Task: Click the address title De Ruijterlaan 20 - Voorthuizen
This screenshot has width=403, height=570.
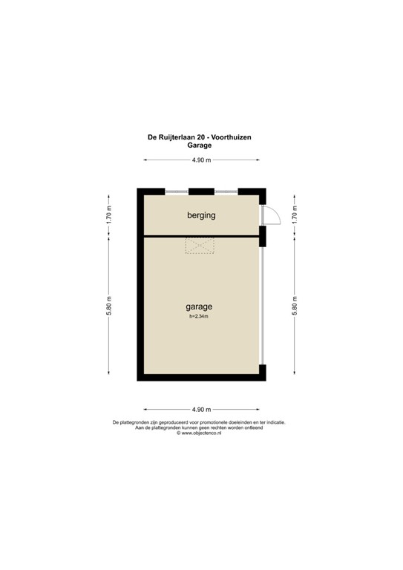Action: (x=200, y=137)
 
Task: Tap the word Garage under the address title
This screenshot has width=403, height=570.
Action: (x=200, y=145)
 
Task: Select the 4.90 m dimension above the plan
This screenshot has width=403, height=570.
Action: (x=201, y=161)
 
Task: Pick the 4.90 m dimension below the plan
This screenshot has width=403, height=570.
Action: (x=201, y=410)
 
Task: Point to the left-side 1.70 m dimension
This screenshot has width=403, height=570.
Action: (x=108, y=215)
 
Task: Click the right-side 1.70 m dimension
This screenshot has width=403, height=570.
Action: (x=295, y=215)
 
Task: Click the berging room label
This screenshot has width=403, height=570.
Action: (x=200, y=216)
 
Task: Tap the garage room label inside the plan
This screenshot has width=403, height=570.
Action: (x=199, y=306)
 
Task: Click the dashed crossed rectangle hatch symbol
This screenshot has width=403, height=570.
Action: (x=200, y=246)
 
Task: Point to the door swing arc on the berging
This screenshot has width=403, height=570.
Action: (x=273, y=214)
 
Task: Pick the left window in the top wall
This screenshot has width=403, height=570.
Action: (x=177, y=191)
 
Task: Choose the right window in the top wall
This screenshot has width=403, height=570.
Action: (x=226, y=191)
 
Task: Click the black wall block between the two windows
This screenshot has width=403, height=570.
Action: (x=201, y=191)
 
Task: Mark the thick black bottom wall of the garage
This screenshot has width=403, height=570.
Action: (x=200, y=377)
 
